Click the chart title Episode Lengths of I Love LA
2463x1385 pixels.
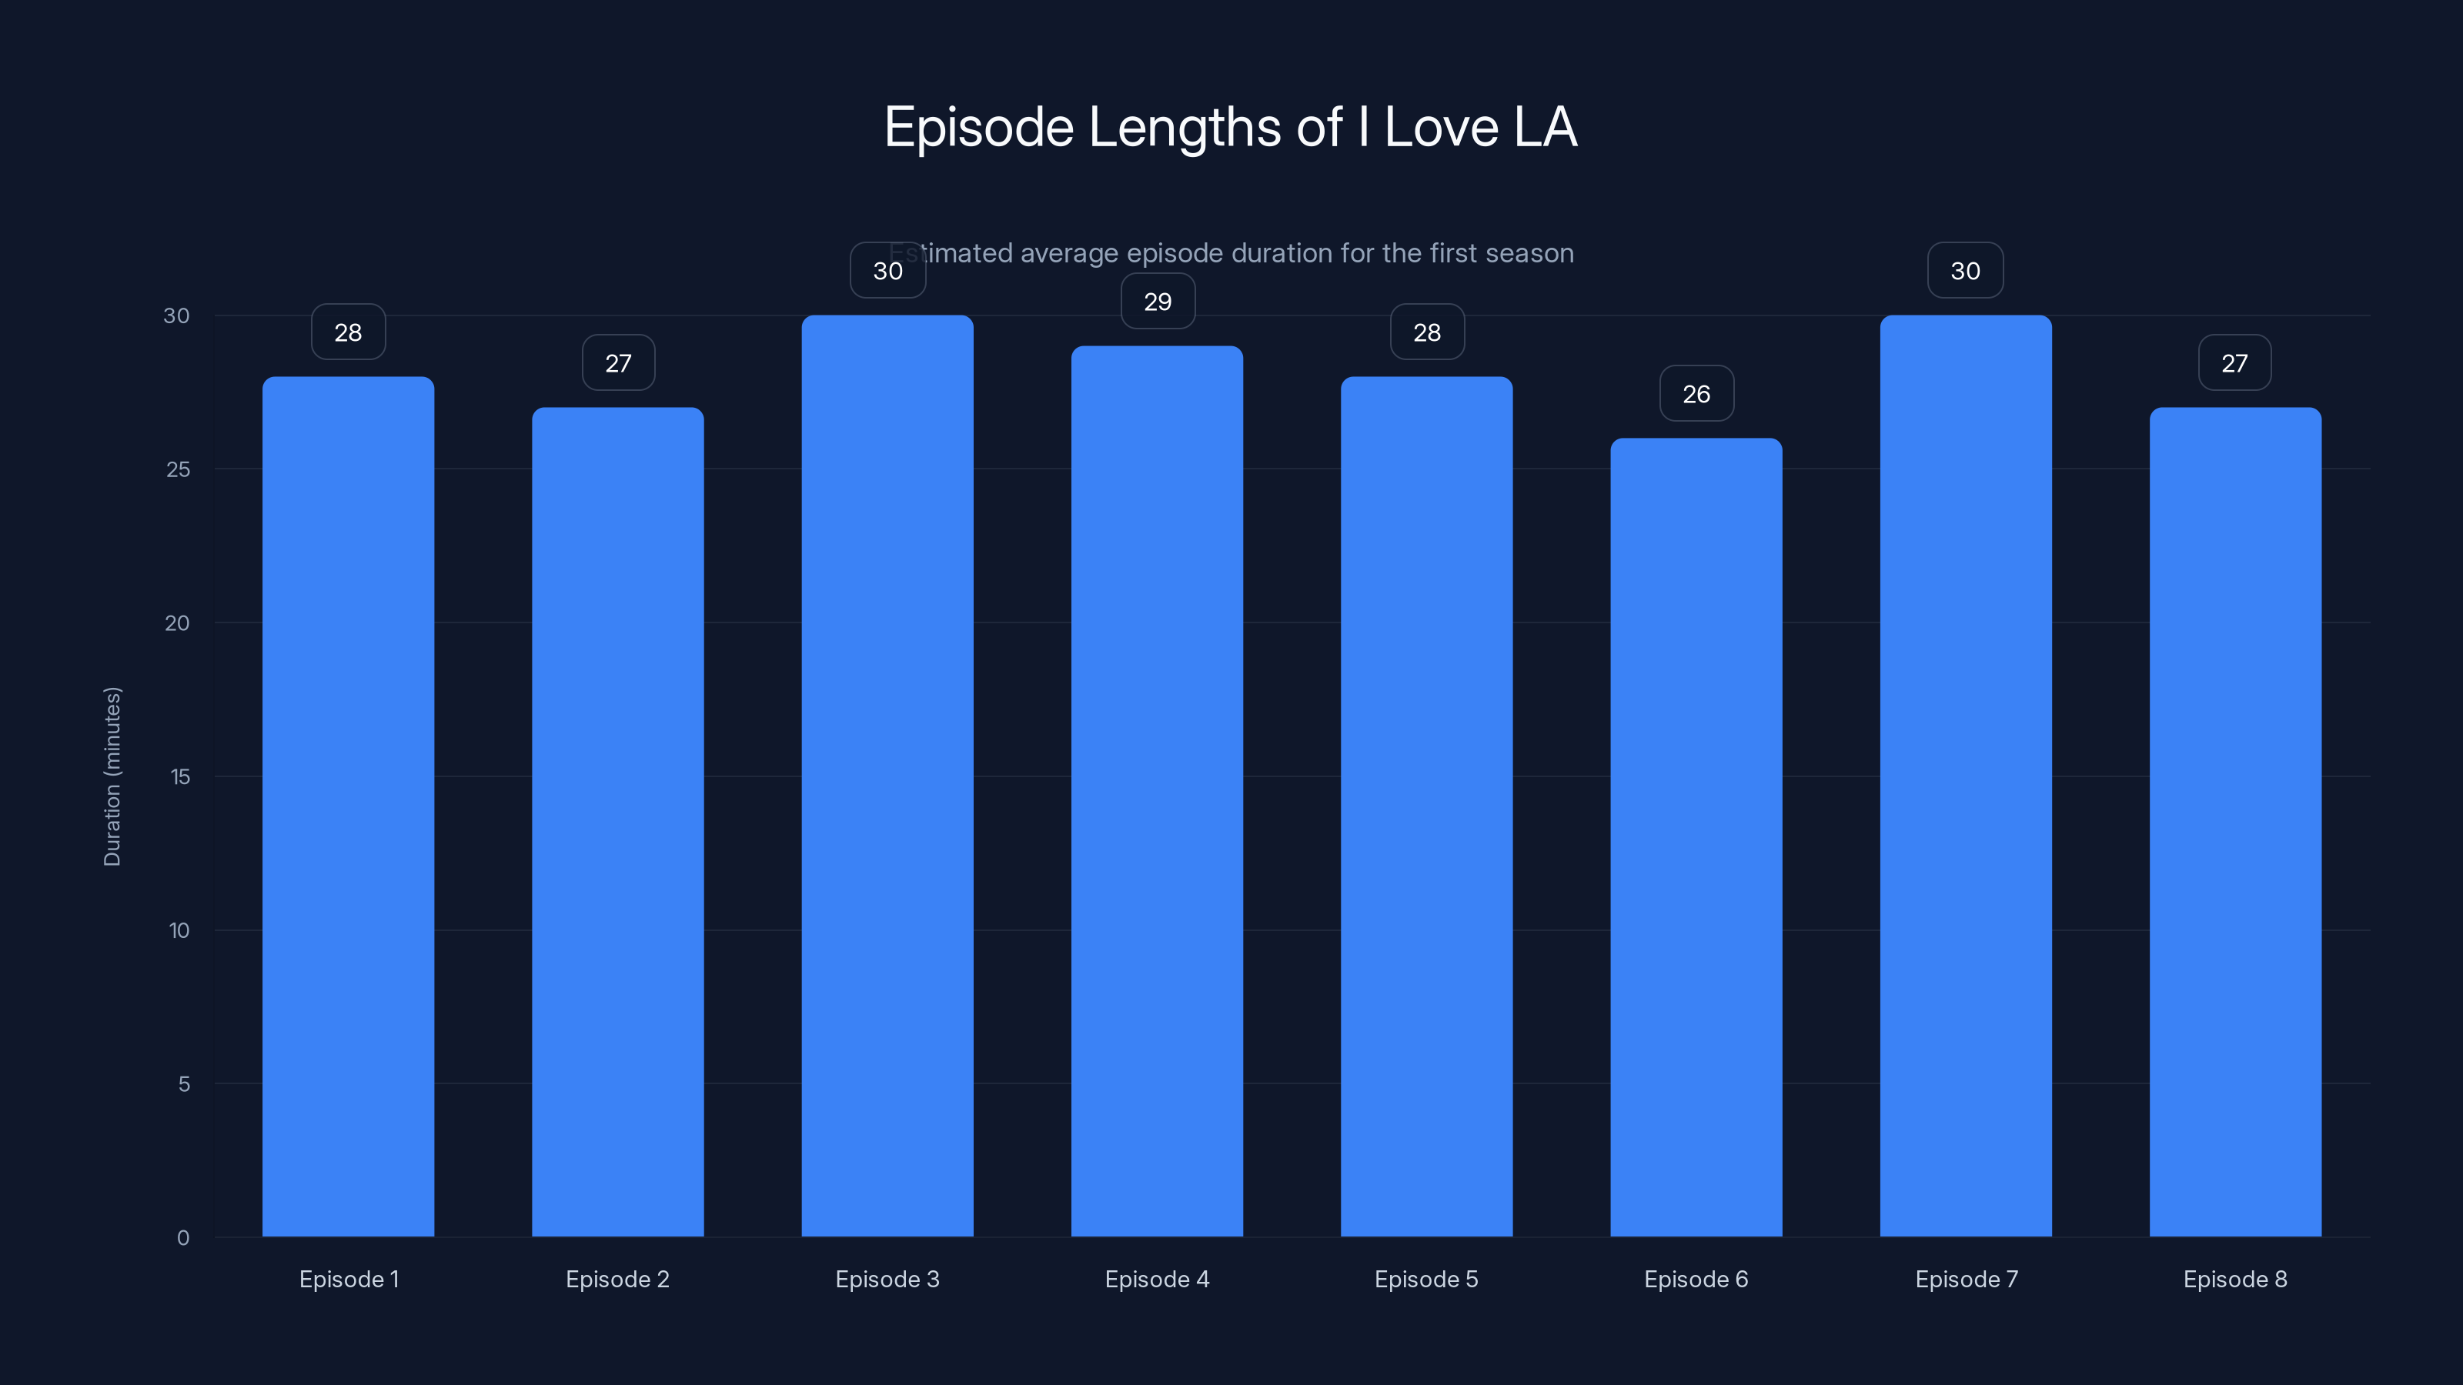click(x=1230, y=127)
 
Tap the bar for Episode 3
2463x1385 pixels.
click(x=887, y=774)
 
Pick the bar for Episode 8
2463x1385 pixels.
click(x=2234, y=822)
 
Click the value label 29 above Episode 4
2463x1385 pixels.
click(x=1158, y=302)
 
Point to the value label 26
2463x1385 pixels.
click(x=1696, y=394)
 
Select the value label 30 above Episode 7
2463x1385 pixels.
click(x=1965, y=272)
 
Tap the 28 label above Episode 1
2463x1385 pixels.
click(x=348, y=332)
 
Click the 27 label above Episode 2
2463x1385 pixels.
click(x=617, y=363)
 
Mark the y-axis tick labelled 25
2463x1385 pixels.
click(x=178, y=469)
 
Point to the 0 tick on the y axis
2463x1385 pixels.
click(x=182, y=1238)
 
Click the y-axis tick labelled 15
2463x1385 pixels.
click(x=180, y=777)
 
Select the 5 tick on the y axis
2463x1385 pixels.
click(x=184, y=1084)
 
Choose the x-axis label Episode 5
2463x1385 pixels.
click(x=1425, y=1279)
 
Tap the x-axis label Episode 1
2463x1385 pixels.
click(x=349, y=1279)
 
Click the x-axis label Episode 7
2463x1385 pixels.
click(x=1966, y=1279)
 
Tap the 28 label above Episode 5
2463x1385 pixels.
click(x=1426, y=332)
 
